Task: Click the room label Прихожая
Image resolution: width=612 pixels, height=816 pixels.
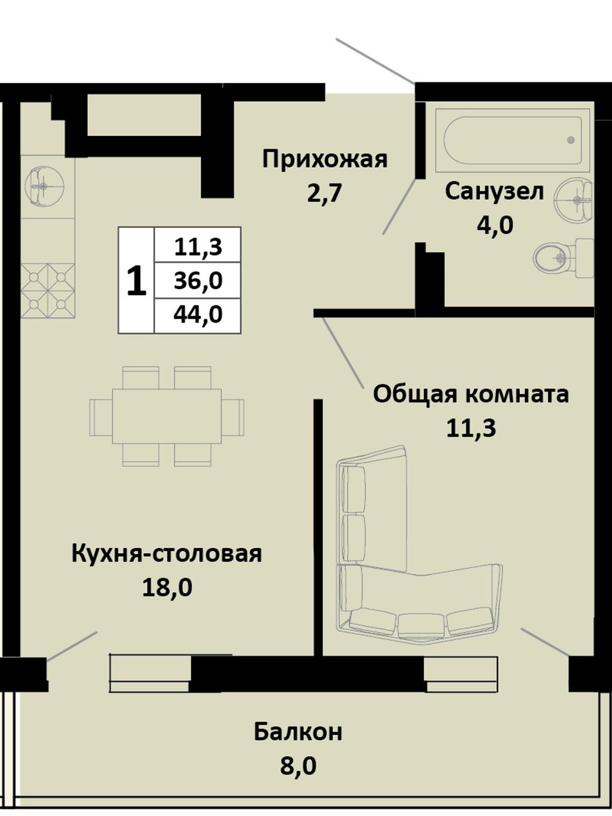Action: pyautogui.click(x=325, y=160)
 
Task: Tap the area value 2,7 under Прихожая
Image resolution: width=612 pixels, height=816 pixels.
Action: pyautogui.click(x=324, y=193)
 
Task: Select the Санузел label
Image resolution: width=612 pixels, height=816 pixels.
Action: pyautogui.click(x=494, y=192)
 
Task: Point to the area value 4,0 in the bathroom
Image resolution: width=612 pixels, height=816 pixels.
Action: pyautogui.click(x=495, y=225)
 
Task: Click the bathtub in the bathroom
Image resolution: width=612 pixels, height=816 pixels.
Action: pyautogui.click(x=513, y=140)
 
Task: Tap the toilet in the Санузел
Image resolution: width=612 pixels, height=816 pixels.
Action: pyautogui.click(x=563, y=258)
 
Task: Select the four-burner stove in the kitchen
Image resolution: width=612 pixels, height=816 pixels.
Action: pyautogui.click(x=48, y=290)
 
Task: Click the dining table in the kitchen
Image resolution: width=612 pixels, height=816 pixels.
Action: pyautogui.click(x=167, y=416)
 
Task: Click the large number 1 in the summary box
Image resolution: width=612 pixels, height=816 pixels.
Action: pyautogui.click(x=136, y=280)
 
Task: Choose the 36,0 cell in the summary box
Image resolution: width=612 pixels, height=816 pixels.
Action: pyautogui.click(x=198, y=280)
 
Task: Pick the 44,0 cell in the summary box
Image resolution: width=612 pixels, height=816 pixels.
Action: pyautogui.click(x=198, y=314)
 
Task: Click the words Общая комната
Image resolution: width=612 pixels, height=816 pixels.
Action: pyautogui.click(x=471, y=394)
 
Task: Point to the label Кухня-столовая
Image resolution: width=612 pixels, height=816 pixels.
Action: pyautogui.click(x=167, y=553)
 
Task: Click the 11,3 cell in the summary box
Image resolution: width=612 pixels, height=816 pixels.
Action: pyautogui.click(x=198, y=246)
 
